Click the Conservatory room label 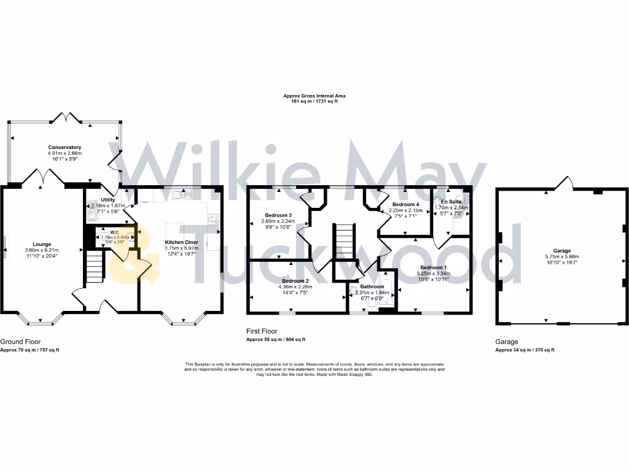tap(66, 147)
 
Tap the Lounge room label tap(41, 244)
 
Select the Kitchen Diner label tap(182, 242)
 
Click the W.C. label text tap(114, 232)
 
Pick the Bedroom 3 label tap(278, 215)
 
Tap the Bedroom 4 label tap(405, 204)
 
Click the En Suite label tap(451, 201)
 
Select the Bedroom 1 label tap(434, 267)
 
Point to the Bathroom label tap(372, 286)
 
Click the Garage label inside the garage tap(562, 250)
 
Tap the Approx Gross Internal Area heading tap(314, 96)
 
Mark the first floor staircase tap(345, 242)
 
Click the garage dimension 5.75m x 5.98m tap(562, 257)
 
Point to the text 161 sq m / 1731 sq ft tap(314, 101)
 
